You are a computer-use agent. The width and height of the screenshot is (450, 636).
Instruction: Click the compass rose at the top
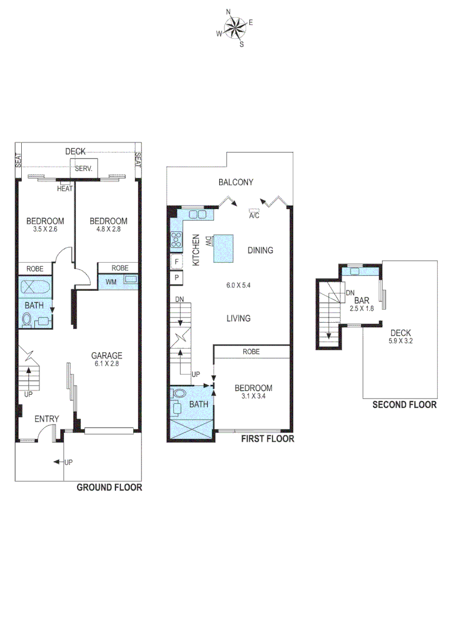235,28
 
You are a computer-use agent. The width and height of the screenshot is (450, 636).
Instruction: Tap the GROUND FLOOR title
109,488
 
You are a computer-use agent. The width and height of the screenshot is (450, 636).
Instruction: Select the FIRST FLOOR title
267,439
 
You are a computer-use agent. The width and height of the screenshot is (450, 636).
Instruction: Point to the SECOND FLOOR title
404,405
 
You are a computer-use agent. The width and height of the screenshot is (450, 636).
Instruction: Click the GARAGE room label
107,355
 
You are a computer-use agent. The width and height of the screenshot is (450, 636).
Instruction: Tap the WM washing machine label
110,281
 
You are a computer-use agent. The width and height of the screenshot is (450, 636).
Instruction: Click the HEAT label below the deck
65,188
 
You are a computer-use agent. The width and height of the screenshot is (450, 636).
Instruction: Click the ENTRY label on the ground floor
47,419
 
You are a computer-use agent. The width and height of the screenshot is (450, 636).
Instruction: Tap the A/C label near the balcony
254,216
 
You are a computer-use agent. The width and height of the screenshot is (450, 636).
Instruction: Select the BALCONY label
236,183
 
